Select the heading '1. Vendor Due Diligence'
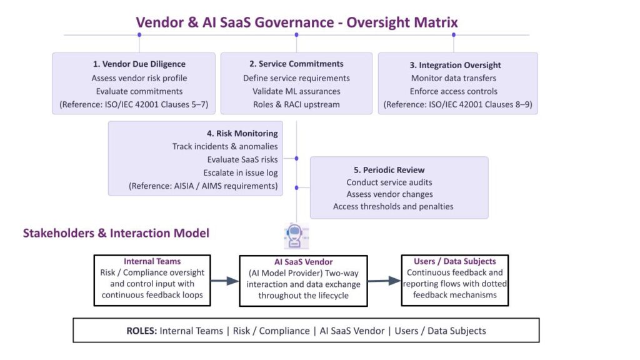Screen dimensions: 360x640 click(x=139, y=64)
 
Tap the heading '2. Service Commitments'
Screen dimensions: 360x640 click(x=296, y=64)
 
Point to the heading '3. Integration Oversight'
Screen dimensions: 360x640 click(x=456, y=65)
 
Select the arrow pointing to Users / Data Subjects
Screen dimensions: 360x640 click(x=384, y=281)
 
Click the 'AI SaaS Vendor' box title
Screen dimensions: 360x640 click(x=303, y=262)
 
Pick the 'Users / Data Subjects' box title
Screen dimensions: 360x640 click(x=455, y=261)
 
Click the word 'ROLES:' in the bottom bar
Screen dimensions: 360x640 click(x=141, y=331)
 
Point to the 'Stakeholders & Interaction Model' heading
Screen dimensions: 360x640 click(x=116, y=233)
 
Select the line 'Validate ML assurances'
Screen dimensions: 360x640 click(x=296, y=91)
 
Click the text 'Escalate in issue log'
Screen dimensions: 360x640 click(x=241, y=172)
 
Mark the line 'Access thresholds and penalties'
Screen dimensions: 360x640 click(x=393, y=206)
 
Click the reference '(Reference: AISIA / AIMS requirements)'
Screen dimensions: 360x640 click(x=204, y=186)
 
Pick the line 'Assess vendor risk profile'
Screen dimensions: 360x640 click(x=139, y=78)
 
